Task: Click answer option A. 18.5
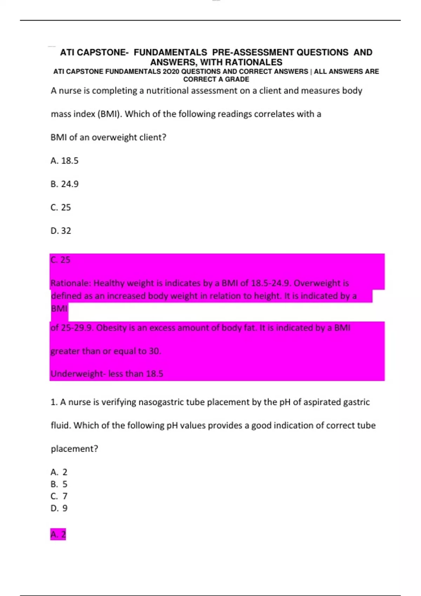click(65, 161)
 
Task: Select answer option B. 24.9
click(65, 184)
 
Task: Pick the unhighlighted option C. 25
click(61, 208)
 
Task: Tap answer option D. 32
click(61, 231)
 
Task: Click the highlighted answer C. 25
click(60, 260)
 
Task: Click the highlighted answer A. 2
click(58, 534)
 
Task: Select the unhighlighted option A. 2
click(59, 472)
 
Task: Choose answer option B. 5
click(59, 484)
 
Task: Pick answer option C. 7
click(59, 496)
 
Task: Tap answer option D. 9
click(59, 508)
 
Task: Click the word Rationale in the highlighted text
click(71, 283)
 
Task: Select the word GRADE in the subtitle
click(237, 79)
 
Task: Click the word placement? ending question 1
click(74, 449)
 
